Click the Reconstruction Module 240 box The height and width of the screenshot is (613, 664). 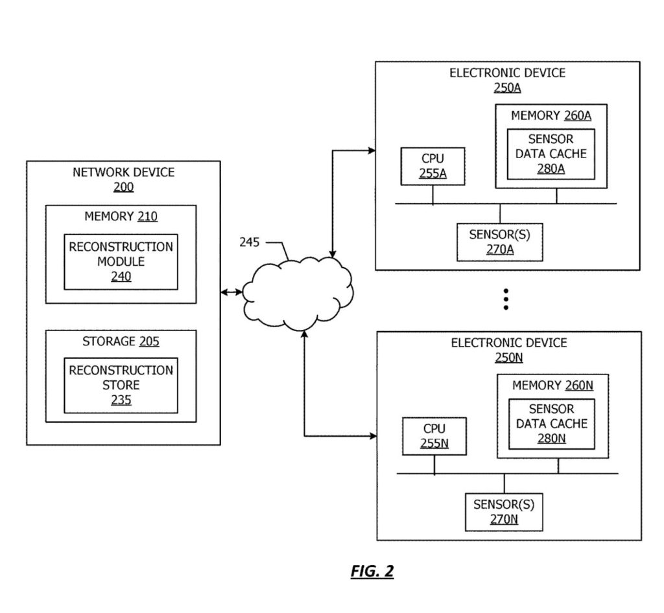coord(121,261)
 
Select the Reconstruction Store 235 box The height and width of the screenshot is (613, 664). coord(121,385)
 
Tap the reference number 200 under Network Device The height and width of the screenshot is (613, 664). coord(123,187)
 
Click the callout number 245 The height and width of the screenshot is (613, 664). coord(250,242)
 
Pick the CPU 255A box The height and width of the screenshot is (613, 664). coord(433,166)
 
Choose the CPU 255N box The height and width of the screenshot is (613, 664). coord(434,436)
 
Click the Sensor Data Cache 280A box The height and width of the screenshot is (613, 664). coord(551,154)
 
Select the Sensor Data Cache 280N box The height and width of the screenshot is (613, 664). coord(552,424)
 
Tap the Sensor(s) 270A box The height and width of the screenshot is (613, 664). coord(499,242)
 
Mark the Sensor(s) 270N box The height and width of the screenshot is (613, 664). coord(504,512)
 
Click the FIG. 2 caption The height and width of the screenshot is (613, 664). coord(372,571)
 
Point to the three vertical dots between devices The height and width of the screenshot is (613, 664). coord(506,299)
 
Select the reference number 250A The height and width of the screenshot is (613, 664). coord(506,87)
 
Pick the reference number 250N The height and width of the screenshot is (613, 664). coord(508,357)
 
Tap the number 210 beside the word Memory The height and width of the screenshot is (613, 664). coord(147,216)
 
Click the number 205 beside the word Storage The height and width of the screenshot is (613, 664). coord(148,341)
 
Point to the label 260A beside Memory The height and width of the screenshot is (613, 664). coord(577,115)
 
